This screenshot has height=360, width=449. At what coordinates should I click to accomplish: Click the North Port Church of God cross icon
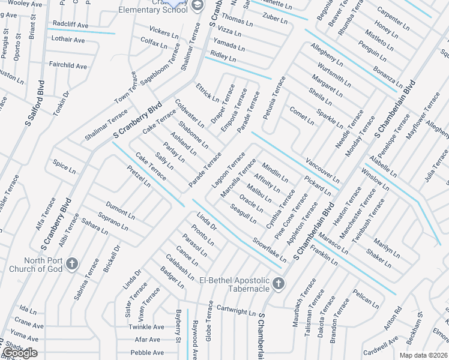(x=71, y=263)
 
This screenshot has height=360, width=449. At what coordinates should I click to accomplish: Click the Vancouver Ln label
(x=322, y=172)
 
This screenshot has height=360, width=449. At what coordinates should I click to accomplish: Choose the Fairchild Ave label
(x=68, y=66)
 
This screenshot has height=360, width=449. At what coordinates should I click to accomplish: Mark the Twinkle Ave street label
(x=146, y=327)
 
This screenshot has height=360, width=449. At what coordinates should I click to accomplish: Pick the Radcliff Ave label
(x=70, y=25)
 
